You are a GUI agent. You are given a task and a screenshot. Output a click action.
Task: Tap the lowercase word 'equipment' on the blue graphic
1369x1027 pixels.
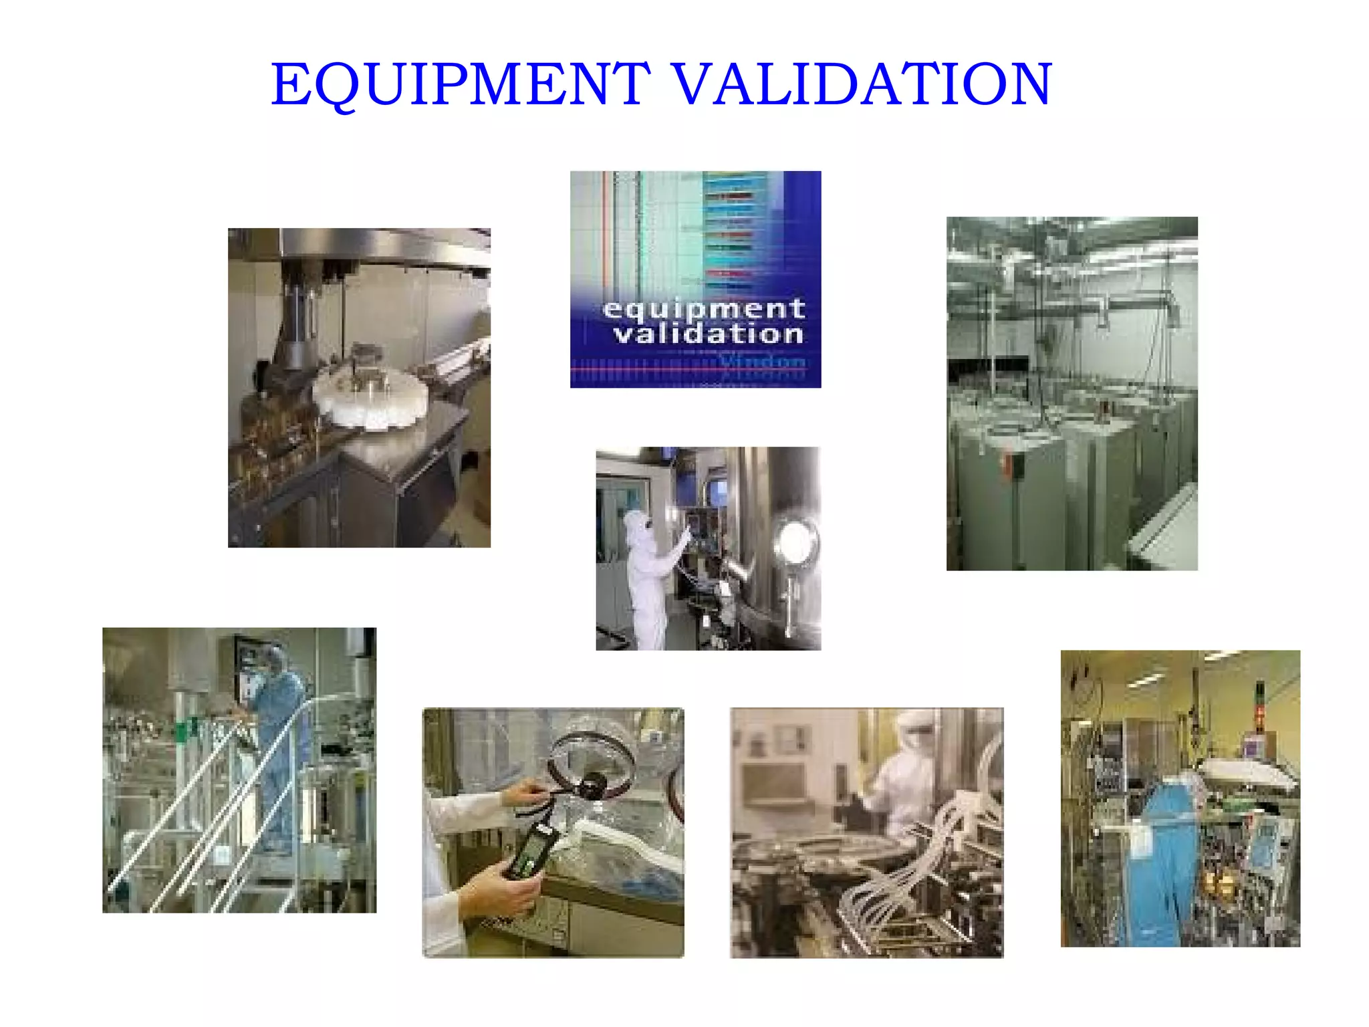coord(703,310)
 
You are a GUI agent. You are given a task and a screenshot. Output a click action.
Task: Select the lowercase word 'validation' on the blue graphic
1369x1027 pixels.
coord(709,334)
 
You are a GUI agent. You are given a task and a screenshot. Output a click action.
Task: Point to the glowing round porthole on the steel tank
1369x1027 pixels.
coord(795,540)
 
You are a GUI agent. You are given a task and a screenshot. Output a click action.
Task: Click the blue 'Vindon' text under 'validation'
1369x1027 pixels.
coord(762,362)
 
